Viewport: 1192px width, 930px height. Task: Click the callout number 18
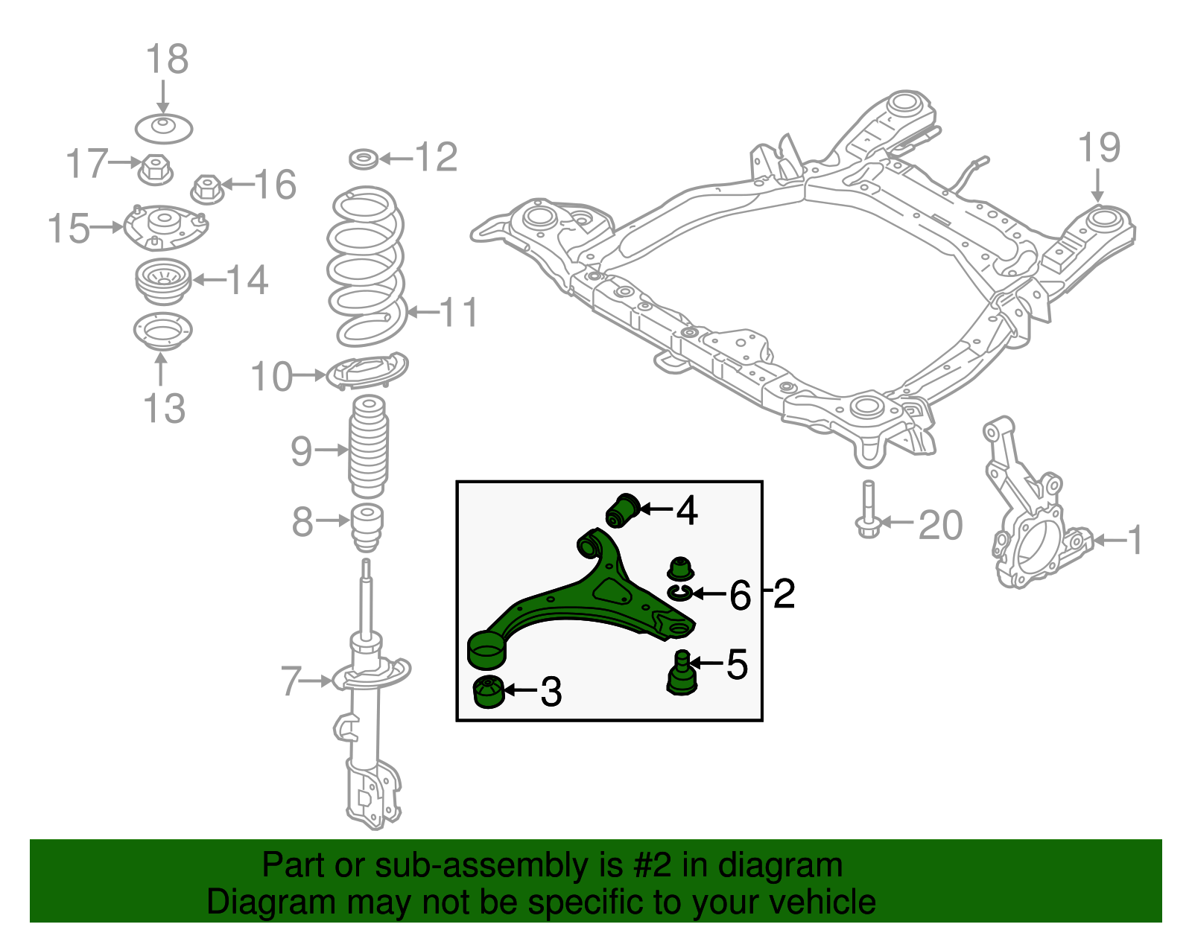pyautogui.click(x=167, y=60)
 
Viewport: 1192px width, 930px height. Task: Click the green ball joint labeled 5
pyautogui.click(x=680, y=673)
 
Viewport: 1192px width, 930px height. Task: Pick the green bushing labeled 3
pyautogui.click(x=489, y=693)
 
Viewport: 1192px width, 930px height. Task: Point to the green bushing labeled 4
pyautogui.click(x=622, y=510)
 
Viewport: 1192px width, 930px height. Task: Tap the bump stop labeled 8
pyautogui.click(x=367, y=526)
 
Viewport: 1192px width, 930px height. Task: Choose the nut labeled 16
pyautogui.click(x=208, y=189)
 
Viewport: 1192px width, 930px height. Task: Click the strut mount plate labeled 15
pyautogui.click(x=165, y=226)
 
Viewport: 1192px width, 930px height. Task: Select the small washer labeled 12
pyautogui.click(x=364, y=159)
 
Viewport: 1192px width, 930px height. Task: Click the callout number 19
pyautogui.click(x=1099, y=148)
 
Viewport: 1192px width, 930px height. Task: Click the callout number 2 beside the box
pyautogui.click(x=784, y=594)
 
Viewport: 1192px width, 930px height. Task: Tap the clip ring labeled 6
pyautogui.click(x=679, y=592)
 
